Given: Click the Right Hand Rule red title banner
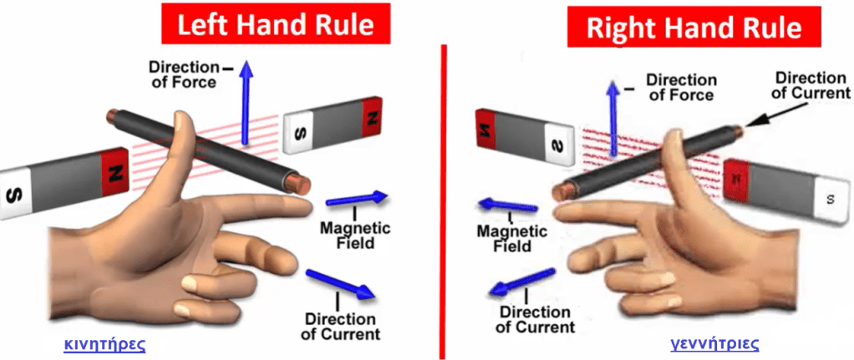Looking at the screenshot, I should click(x=693, y=27).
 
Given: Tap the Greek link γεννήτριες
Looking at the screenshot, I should click(x=714, y=343).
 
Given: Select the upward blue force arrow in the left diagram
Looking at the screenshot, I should click(x=246, y=100).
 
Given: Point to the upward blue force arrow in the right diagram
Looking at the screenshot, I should click(x=615, y=117).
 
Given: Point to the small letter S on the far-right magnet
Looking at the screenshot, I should click(x=829, y=199).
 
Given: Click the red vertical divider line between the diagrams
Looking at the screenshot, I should click(x=443, y=200).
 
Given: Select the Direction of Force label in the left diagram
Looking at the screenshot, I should click(x=182, y=74).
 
